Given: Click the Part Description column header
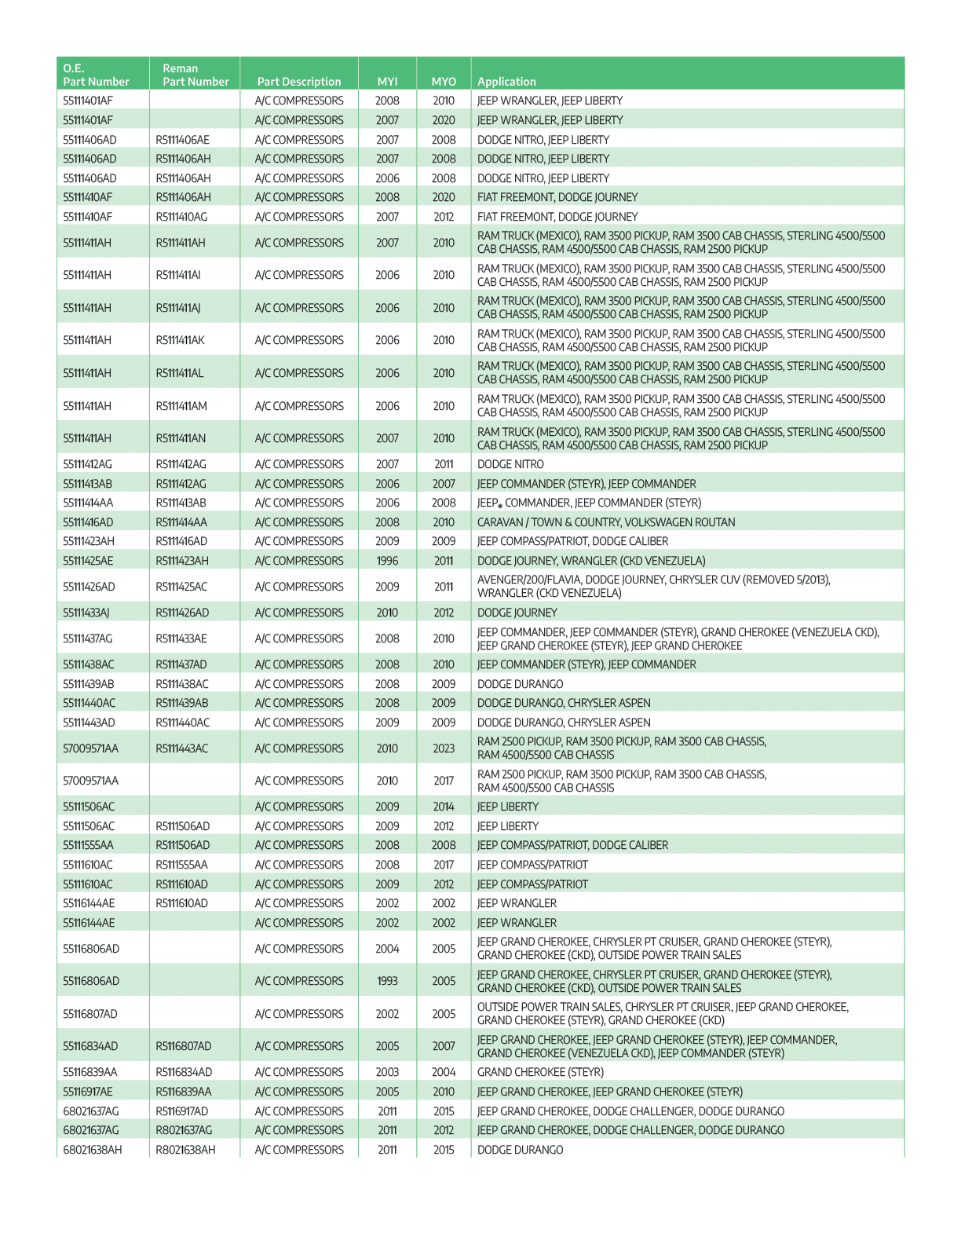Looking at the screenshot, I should (299, 82).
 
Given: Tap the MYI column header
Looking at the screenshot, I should (387, 82).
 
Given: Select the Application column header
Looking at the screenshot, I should (506, 82).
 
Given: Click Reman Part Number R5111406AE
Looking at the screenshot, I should (183, 140).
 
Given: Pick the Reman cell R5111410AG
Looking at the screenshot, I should (183, 217).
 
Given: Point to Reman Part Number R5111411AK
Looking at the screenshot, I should (183, 340).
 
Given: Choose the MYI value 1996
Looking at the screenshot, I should (387, 561).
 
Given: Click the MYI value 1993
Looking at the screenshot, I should (387, 981).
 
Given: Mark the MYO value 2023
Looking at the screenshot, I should (444, 748).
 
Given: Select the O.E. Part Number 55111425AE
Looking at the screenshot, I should (88, 561).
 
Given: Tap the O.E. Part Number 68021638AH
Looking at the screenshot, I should (93, 1150).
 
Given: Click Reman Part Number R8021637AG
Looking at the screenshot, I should (185, 1130).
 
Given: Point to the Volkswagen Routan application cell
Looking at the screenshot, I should (606, 522).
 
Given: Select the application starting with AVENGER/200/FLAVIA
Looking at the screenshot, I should (653, 587).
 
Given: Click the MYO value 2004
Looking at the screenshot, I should (444, 1072).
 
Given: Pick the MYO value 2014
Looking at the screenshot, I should (444, 807).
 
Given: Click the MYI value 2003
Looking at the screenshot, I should (387, 1072).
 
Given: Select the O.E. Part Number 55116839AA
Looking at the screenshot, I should (90, 1072).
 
